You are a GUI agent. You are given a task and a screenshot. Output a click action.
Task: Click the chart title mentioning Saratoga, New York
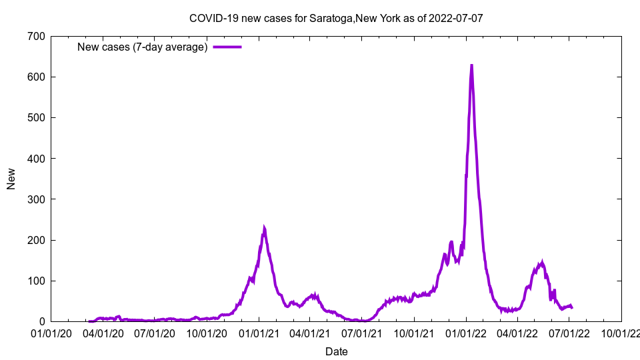[336, 18]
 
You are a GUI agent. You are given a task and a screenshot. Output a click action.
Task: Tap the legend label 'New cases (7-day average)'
[143, 47]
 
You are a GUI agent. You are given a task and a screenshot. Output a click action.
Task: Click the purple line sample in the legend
[227, 47]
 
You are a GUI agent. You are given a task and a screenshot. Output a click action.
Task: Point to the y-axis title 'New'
[11, 179]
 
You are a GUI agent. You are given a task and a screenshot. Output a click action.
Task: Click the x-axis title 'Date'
[336, 351]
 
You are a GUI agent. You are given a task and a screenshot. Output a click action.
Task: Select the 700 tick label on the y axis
[37, 36]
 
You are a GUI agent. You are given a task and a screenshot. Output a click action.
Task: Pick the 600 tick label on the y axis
[37, 77]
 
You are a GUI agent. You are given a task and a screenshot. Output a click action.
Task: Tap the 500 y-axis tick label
[37, 117]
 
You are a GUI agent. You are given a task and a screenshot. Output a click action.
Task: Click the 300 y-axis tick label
[37, 199]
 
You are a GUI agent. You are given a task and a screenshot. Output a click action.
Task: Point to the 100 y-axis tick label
[37, 281]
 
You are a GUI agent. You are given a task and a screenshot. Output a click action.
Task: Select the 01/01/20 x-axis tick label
[51, 332]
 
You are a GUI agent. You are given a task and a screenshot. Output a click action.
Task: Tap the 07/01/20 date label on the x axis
[155, 332]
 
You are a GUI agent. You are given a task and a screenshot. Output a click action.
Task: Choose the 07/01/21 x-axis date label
[362, 332]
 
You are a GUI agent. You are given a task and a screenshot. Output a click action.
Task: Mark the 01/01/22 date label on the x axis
[466, 332]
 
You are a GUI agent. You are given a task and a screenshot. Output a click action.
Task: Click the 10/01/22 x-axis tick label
[621, 332]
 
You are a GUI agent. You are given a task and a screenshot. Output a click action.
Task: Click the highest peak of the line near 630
[471, 65]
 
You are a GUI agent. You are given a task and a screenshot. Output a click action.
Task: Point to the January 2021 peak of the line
[264, 229]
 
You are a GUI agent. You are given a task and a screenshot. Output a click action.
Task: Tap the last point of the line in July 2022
[571, 307]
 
